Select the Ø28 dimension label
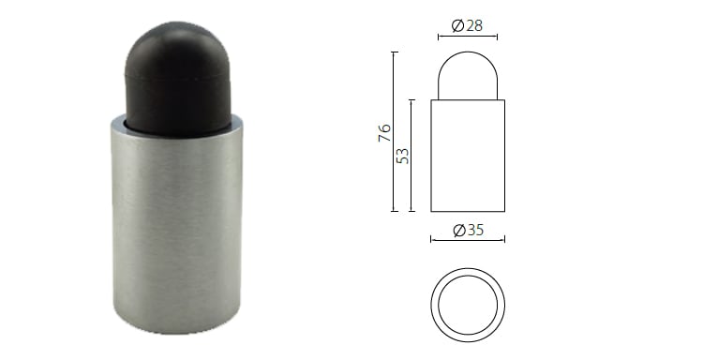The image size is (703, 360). pos(467,25)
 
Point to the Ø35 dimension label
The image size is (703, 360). pos(468,230)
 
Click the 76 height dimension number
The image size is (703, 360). pos(384,132)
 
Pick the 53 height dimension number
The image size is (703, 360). pos(403,155)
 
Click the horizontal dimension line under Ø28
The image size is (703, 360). pos(467,37)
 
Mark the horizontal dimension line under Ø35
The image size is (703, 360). pos(467,240)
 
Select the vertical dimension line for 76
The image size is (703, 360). pos(395,132)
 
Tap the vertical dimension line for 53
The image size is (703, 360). pos(412,155)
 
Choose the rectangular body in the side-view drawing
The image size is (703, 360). pos(467,155)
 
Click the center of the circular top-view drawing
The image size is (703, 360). pos(468,306)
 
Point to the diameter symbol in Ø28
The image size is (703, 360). pos(456,25)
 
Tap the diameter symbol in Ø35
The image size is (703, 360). pos(457,230)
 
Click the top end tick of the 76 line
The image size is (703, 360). pos(395,52)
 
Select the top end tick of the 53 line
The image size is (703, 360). pos(412,99)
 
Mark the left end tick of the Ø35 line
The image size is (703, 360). pos(430,240)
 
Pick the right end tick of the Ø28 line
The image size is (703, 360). pos(497,37)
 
